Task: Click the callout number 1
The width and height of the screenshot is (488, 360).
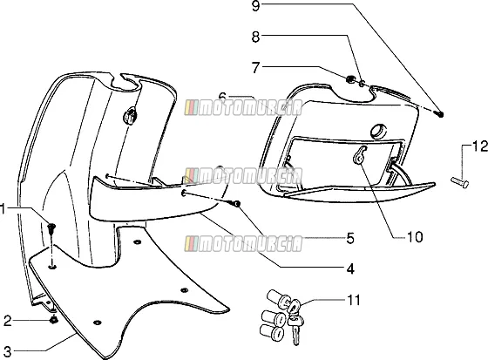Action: coord(3,209)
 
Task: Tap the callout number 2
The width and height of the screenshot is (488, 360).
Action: coord(8,321)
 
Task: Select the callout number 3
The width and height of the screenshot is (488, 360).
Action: coord(7,351)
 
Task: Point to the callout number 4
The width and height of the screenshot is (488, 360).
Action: coord(350,268)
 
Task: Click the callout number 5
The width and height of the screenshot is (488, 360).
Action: coord(350,238)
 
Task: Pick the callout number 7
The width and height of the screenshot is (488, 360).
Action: coord(255,68)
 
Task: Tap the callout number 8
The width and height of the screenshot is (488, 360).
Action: coord(255,37)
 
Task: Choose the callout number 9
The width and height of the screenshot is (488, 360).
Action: coord(255,6)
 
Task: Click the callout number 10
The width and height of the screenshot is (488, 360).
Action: coord(415,237)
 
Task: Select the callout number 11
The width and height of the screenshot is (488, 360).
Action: coord(354,300)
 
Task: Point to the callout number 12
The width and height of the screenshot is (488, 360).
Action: coord(480,146)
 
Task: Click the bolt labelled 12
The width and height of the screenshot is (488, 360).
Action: coord(460,182)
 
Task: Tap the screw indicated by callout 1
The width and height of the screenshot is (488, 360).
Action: coord(51,229)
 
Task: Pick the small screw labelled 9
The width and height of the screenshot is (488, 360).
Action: coord(439,114)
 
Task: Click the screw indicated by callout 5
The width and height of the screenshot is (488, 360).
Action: coord(235,204)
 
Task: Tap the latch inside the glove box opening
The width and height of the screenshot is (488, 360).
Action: coord(359,155)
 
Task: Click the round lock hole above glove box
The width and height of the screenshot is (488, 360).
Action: coord(378,131)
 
